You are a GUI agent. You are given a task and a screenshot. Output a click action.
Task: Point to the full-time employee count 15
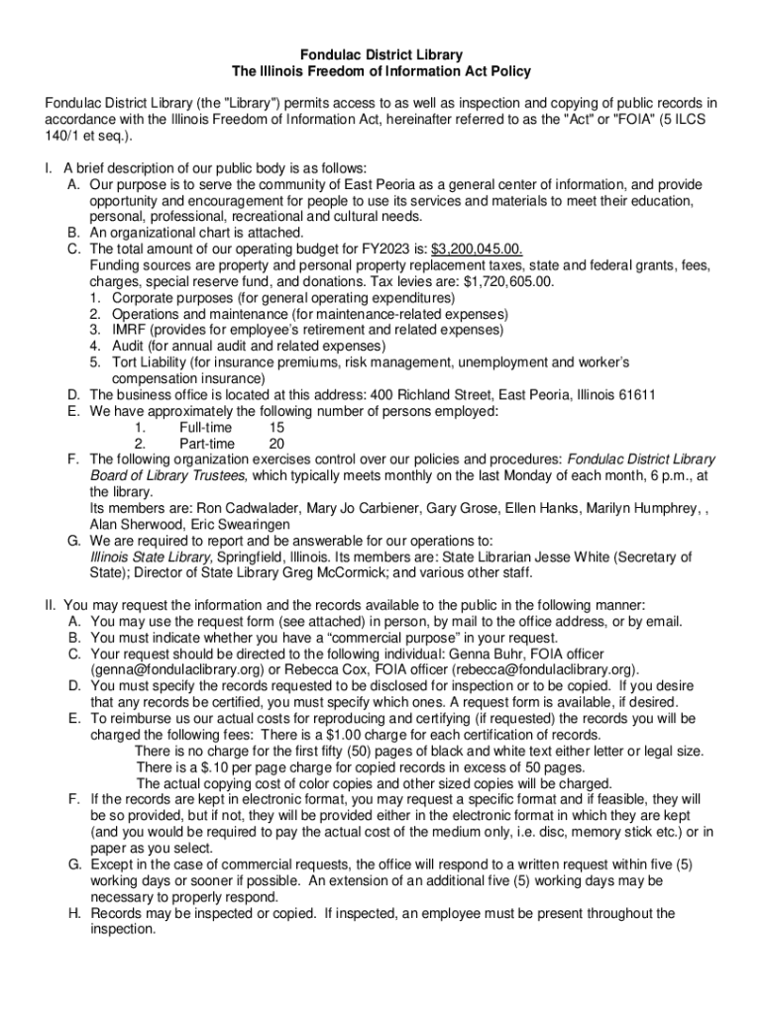[x=276, y=428]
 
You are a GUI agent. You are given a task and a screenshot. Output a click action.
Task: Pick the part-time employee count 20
[x=276, y=444]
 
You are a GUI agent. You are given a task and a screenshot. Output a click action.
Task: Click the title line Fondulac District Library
[x=382, y=55]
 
